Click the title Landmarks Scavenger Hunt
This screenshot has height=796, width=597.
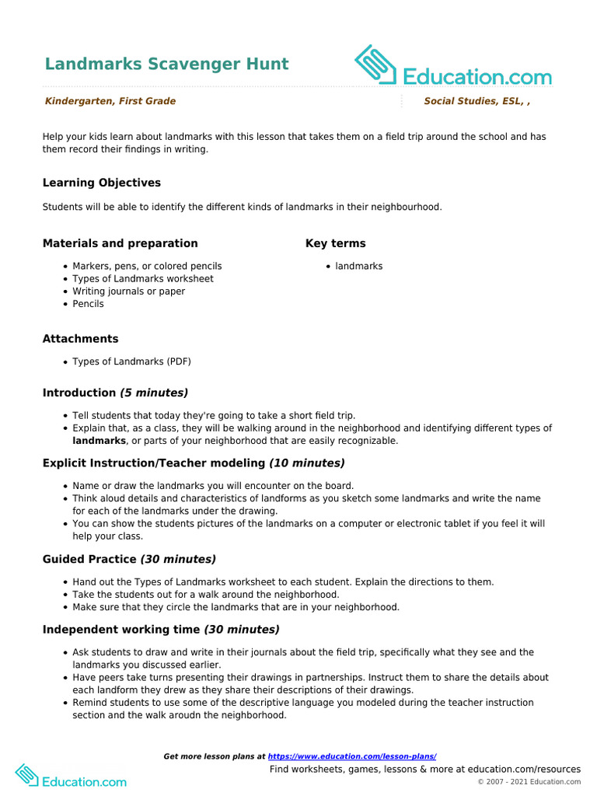tap(166, 64)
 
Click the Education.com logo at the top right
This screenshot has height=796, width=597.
tap(453, 67)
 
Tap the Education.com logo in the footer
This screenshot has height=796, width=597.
tap(71, 775)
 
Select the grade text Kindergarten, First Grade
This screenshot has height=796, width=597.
tap(110, 101)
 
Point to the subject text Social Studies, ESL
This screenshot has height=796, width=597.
tap(474, 101)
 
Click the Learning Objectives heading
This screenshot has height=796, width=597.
tap(102, 183)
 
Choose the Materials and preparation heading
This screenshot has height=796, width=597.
tap(120, 243)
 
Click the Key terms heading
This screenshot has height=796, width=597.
tap(335, 243)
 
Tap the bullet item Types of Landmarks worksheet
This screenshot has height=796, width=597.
tap(142, 278)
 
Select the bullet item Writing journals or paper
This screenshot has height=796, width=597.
tap(128, 292)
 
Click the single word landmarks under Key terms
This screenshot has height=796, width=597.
tap(358, 266)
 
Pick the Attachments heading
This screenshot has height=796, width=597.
tap(81, 339)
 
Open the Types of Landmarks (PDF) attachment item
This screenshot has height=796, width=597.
tap(131, 361)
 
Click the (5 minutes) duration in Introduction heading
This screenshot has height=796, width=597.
tap(153, 393)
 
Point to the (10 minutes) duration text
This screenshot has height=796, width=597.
tap(306, 463)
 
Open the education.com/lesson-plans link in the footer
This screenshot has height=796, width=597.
tap(351, 756)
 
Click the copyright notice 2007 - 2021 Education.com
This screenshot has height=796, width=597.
tap(529, 781)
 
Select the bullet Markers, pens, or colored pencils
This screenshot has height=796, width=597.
tap(147, 266)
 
